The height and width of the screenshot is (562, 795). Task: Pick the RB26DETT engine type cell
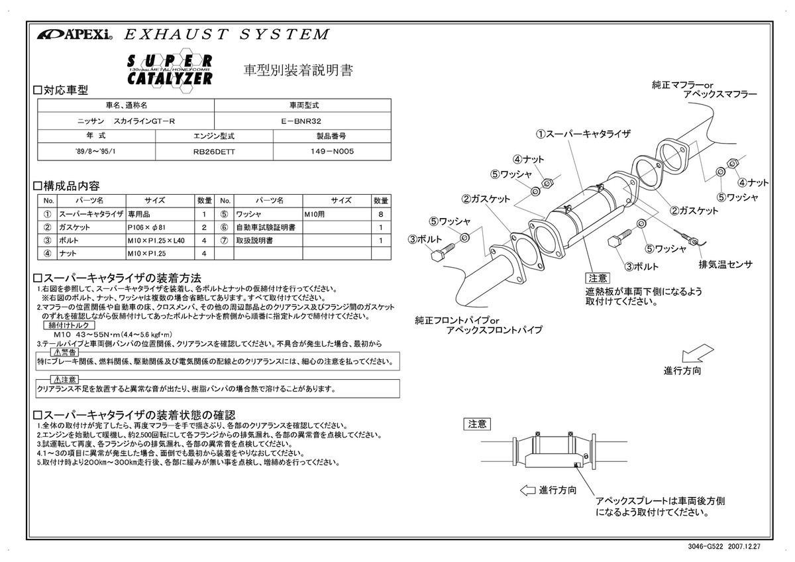click(x=213, y=151)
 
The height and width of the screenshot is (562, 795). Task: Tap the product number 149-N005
click(x=332, y=151)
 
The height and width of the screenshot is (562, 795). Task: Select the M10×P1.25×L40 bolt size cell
click(x=157, y=241)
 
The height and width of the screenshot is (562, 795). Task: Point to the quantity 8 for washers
click(x=380, y=215)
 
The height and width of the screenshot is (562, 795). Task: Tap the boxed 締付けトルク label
click(x=68, y=325)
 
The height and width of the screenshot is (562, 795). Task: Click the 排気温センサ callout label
click(x=725, y=264)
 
